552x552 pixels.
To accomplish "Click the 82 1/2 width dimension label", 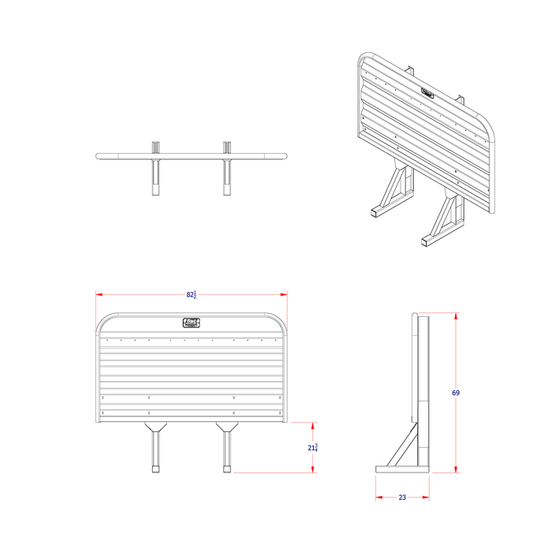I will pyautogui.click(x=192, y=295).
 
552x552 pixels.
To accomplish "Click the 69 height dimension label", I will pyautogui.click(x=456, y=393).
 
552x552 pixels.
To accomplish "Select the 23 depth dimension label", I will pyautogui.click(x=402, y=498).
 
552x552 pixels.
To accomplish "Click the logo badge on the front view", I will pyautogui.click(x=192, y=322).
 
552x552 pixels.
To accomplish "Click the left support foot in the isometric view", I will pyautogui.click(x=377, y=212).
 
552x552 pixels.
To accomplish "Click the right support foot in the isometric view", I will pyautogui.click(x=429, y=239).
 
